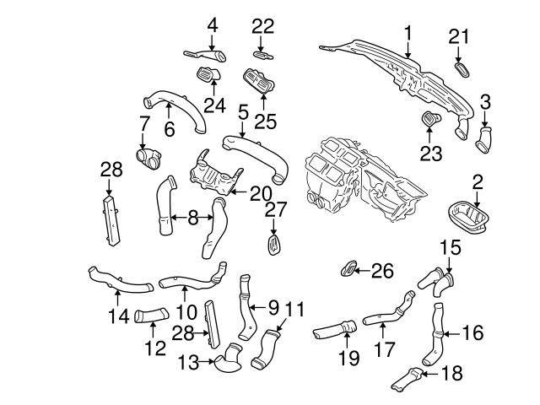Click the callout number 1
tap(408, 34)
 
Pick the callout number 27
tap(272, 210)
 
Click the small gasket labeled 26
tap(347, 270)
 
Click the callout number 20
tap(260, 194)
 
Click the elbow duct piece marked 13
tap(229, 363)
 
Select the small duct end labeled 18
tap(410, 380)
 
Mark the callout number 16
tap(472, 333)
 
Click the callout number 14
tap(117, 317)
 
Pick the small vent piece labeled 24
tap(208, 76)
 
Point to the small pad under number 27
tap(273, 245)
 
